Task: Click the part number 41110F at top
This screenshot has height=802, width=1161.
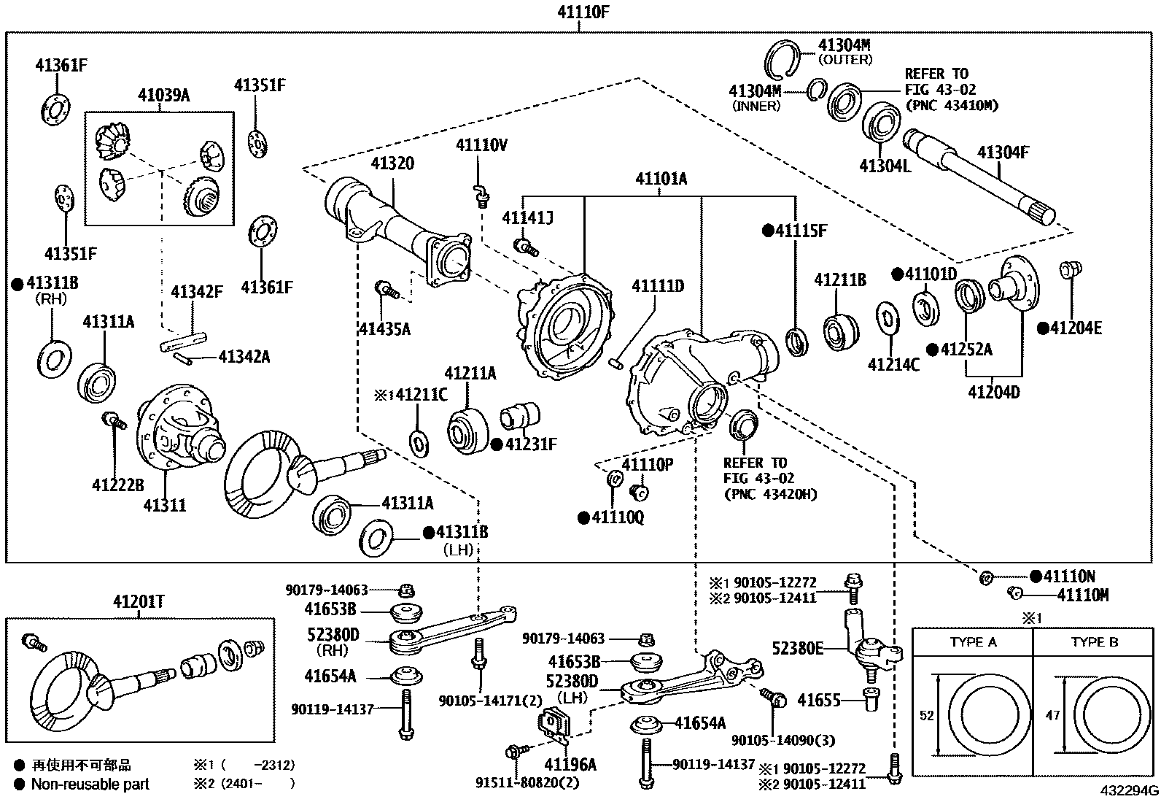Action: pos(580,12)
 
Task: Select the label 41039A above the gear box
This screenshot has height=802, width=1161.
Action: pos(163,96)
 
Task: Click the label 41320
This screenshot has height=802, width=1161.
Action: pos(392,163)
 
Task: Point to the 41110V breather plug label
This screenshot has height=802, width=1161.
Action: pos(481,145)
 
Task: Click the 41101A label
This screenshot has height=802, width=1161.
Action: pos(661,179)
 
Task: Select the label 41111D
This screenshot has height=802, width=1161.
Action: pos(657,286)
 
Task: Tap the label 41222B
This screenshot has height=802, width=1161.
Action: pos(118,485)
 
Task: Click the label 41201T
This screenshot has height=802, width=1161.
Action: pos(139,602)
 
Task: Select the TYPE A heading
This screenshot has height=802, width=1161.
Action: pos(973,642)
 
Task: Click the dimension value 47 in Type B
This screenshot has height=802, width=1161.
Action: pos(1052,716)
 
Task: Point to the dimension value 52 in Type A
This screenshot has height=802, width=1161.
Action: pos(926,716)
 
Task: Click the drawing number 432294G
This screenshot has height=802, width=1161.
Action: pos(1130,791)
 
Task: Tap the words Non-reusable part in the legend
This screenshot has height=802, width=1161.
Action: pos(90,784)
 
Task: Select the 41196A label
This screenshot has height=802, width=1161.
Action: pos(570,765)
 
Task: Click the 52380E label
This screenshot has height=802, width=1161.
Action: pos(798,647)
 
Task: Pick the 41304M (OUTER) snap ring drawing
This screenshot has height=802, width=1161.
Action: pos(784,58)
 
